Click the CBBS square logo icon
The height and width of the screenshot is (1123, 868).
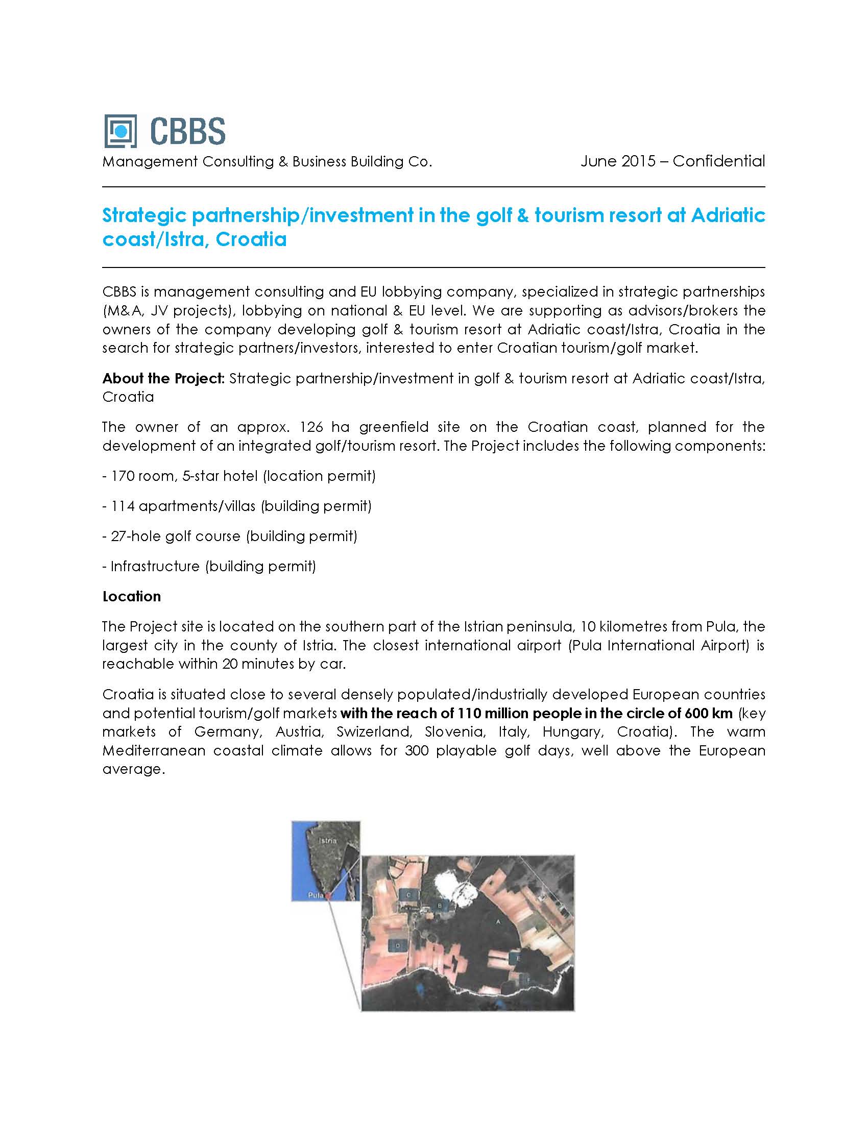pyautogui.click(x=120, y=131)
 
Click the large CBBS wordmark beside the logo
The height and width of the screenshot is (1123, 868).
pyautogui.click(x=188, y=131)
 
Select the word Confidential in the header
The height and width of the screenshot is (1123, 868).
pyautogui.click(x=718, y=161)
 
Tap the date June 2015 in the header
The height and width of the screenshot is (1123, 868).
pyautogui.click(x=618, y=161)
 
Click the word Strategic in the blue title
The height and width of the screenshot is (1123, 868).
pyautogui.click(x=144, y=215)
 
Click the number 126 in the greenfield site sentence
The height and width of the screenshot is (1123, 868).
pyautogui.click(x=311, y=427)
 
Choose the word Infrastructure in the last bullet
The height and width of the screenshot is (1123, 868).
pyautogui.click(x=155, y=567)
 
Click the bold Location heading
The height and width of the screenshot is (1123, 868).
pyautogui.click(x=132, y=596)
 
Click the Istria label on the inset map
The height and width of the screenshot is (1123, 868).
pyautogui.click(x=328, y=841)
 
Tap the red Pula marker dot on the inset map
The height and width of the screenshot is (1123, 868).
pyautogui.click(x=328, y=895)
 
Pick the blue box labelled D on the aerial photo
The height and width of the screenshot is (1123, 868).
pyautogui.click(x=397, y=944)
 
